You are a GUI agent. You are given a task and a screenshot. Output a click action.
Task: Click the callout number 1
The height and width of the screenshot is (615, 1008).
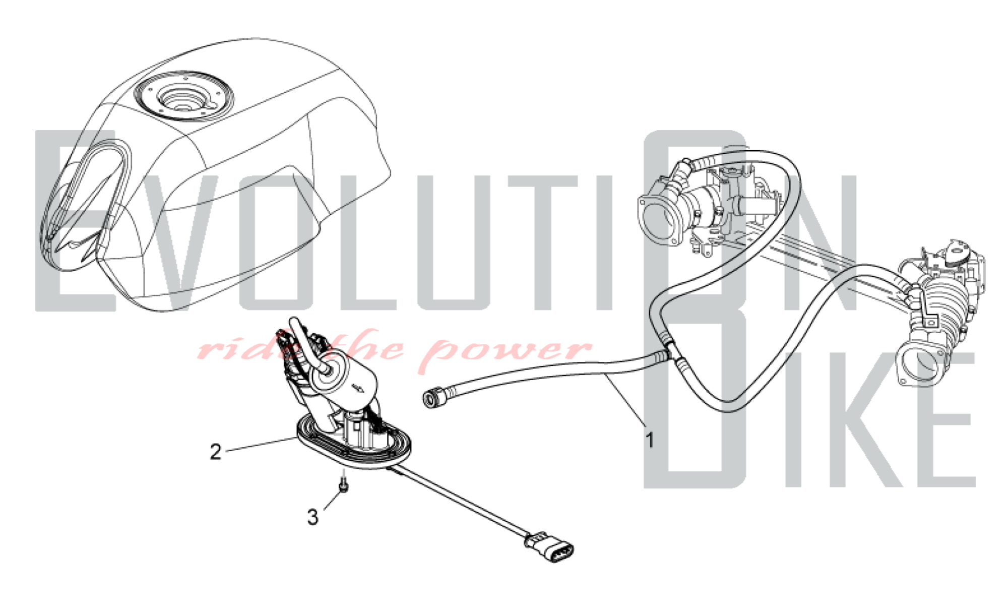[650, 440]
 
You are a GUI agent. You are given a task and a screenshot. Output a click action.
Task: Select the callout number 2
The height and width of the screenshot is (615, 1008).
[216, 451]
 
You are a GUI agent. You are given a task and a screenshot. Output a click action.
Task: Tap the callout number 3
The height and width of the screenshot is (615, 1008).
[313, 517]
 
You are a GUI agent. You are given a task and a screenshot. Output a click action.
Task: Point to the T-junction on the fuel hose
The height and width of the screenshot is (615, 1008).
[670, 351]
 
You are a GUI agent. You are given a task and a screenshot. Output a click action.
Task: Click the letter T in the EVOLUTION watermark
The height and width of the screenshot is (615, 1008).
[542, 242]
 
